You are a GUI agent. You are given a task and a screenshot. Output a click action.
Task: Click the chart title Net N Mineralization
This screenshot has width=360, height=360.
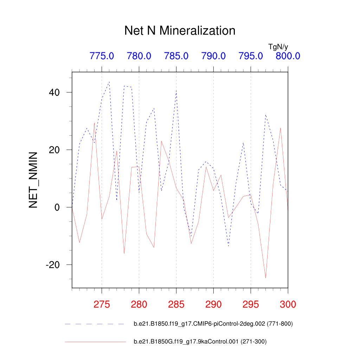pyautogui.click(x=180, y=31)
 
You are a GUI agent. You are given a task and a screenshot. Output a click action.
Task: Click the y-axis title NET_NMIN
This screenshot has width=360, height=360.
pyautogui.click(x=33, y=180)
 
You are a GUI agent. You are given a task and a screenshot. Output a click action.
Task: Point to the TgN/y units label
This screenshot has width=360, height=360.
pyautogui.click(x=278, y=46)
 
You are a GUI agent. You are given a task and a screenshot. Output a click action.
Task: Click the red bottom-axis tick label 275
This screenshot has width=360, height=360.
pyautogui.click(x=102, y=304)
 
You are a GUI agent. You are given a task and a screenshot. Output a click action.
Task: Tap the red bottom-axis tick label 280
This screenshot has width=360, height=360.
pyautogui.click(x=139, y=304)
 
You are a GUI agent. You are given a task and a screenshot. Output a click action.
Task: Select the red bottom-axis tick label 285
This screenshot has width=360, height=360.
pyautogui.click(x=176, y=304)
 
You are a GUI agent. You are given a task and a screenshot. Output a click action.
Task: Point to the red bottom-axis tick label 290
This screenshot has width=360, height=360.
pyautogui.click(x=213, y=304)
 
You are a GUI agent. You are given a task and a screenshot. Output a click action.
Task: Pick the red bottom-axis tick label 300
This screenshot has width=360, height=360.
pyautogui.click(x=288, y=304)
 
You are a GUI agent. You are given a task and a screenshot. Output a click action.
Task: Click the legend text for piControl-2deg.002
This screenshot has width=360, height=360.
pyautogui.click(x=213, y=324)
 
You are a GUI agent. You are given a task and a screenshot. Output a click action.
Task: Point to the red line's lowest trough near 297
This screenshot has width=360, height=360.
pyautogui.click(x=265, y=278)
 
